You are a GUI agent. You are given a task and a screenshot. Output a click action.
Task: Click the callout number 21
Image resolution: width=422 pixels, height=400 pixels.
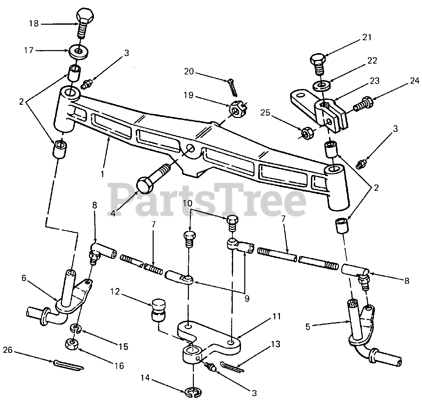[367, 37]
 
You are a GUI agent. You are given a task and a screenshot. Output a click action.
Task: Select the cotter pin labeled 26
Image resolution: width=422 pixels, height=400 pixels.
[68, 365]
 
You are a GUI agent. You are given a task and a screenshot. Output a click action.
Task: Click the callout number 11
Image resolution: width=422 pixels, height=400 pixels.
[276, 316]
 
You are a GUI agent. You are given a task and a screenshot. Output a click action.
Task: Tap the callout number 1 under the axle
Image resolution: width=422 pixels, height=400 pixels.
[103, 174]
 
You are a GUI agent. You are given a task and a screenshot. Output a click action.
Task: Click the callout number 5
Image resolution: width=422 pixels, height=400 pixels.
[308, 327]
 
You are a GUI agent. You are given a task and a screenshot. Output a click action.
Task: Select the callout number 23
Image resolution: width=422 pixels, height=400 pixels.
[374, 81]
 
